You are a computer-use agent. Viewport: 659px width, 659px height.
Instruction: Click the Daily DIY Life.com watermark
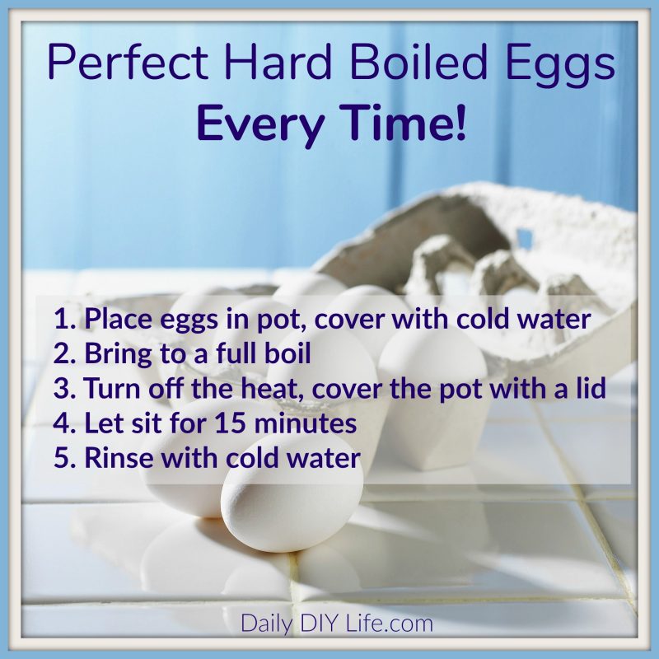(336, 624)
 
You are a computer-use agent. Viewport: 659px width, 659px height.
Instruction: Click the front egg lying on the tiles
(292, 507)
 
